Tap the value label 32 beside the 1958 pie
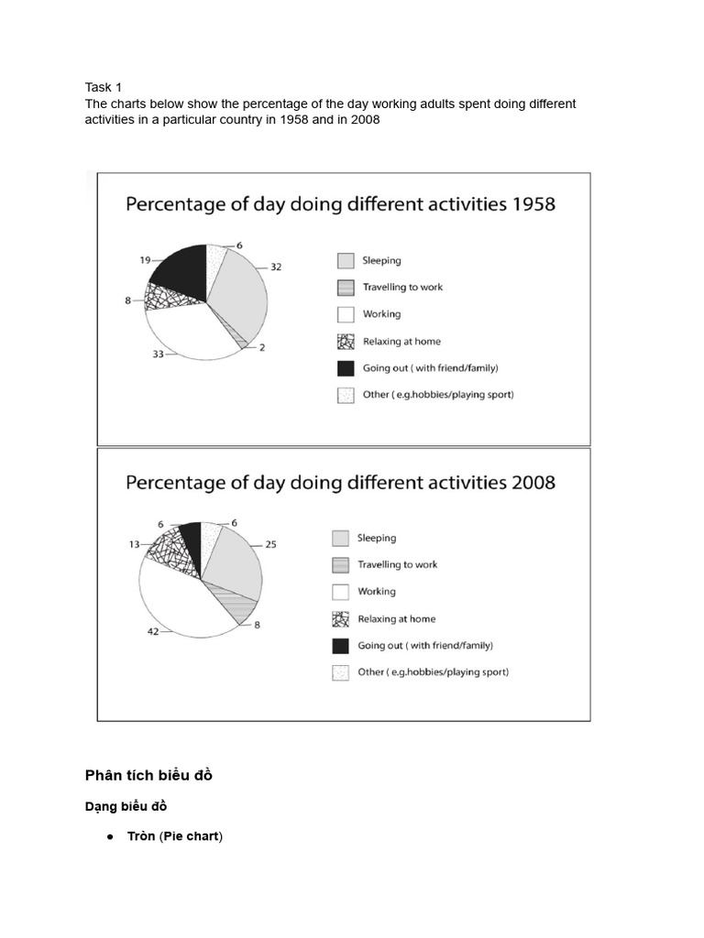click(x=276, y=267)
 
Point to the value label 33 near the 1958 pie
click(x=159, y=353)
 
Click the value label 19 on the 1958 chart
click(x=145, y=260)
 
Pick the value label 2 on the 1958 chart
click(x=261, y=348)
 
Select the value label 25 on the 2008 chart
click(x=271, y=545)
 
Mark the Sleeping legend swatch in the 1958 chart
click(x=345, y=260)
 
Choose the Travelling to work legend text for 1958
click(x=402, y=288)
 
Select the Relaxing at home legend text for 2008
click(x=397, y=619)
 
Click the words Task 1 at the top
click(x=104, y=88)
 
